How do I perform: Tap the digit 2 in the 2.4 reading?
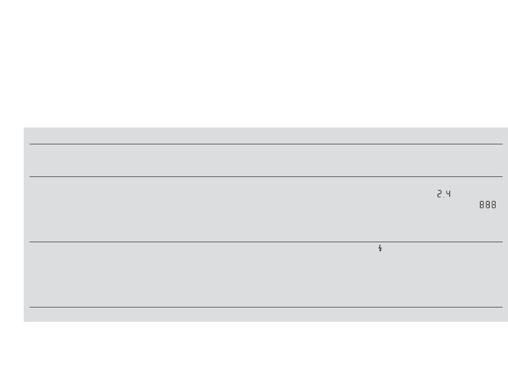tap(439, 194)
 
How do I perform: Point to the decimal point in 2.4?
tap(444, 197)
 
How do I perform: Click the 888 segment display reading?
tap(488, 205)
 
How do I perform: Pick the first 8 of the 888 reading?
tap(482, 205)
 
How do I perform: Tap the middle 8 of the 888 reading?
tap(488, 205)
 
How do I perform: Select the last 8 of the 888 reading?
tap(494, 205)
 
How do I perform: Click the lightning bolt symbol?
tap(380, 248)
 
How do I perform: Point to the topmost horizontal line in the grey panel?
tap(266, 144)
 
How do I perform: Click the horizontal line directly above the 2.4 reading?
tap(266, 176)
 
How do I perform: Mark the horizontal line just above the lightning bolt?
tap(266, 242)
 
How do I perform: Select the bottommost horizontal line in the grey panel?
tap(266, 307)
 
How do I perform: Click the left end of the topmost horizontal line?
tap(30, 144)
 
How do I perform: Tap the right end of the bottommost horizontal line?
tap(502, 307)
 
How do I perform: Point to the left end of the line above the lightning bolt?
tap(30, 242)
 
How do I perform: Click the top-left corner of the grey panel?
tap(24, 129)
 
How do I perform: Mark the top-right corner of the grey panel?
tap(507, 129)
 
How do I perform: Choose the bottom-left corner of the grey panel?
tap(24, 321)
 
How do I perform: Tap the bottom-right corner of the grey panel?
tap(507, 321)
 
